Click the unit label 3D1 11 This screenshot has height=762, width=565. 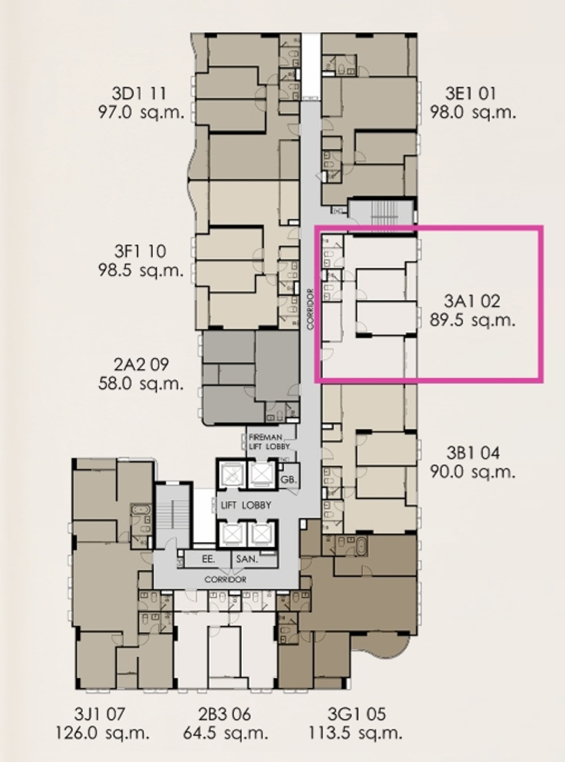(139, 94)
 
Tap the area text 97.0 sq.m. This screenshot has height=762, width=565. (141, 112)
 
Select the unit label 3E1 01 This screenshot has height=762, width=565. (471, 94)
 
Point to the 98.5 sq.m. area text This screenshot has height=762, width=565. (141, 270)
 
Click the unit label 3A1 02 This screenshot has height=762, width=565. (471, 302)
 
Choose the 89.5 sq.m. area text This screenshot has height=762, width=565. (473, 320)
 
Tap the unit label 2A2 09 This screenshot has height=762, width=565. (141, 365)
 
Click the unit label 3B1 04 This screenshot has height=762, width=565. (473, 453)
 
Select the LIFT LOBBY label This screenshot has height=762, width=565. (246, 505)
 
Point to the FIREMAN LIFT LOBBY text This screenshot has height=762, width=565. (270, 442)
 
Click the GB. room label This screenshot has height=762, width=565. (289, 480)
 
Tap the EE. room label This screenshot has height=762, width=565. (209, 559)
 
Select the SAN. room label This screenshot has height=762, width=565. (247, 559)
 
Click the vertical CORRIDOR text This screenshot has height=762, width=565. (311, 309)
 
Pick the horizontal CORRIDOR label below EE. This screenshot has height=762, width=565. (225, 579)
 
